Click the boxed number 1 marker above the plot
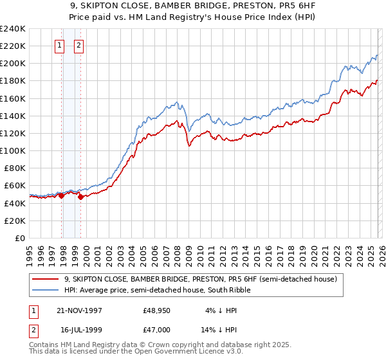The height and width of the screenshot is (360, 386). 59,45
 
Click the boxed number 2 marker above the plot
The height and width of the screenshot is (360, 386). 78,45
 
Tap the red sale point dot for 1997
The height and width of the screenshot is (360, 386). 62,195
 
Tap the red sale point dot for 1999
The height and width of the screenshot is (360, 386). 80,197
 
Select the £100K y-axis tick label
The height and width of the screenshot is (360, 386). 13,150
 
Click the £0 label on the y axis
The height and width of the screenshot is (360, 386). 19,238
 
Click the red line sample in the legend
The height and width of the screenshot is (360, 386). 45,280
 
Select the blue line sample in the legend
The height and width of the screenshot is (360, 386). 45,291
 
